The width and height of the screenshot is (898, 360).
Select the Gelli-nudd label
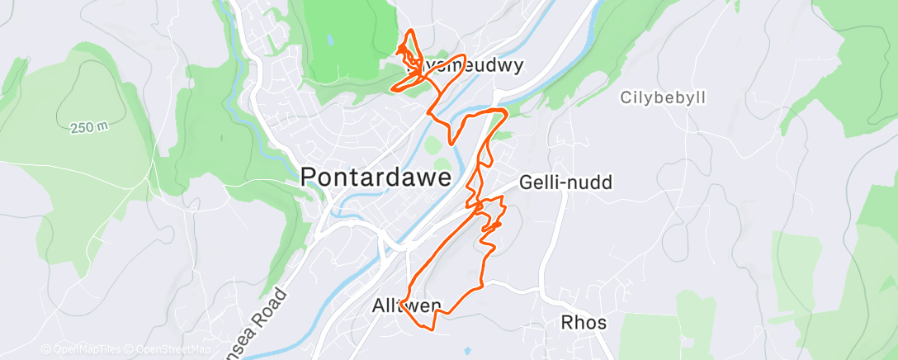coord(566,182)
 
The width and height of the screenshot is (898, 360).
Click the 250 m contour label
coord(90,127)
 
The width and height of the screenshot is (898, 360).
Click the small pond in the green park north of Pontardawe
coord(331,40)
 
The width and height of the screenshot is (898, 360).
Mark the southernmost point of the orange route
coord(431,329)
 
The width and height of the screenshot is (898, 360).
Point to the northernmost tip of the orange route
coord(409,31)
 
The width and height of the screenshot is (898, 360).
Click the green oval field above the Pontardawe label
coord(432,147)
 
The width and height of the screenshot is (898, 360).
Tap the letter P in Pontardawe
coord(309,178)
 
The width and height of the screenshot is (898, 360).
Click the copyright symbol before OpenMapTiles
coord(46,350)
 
